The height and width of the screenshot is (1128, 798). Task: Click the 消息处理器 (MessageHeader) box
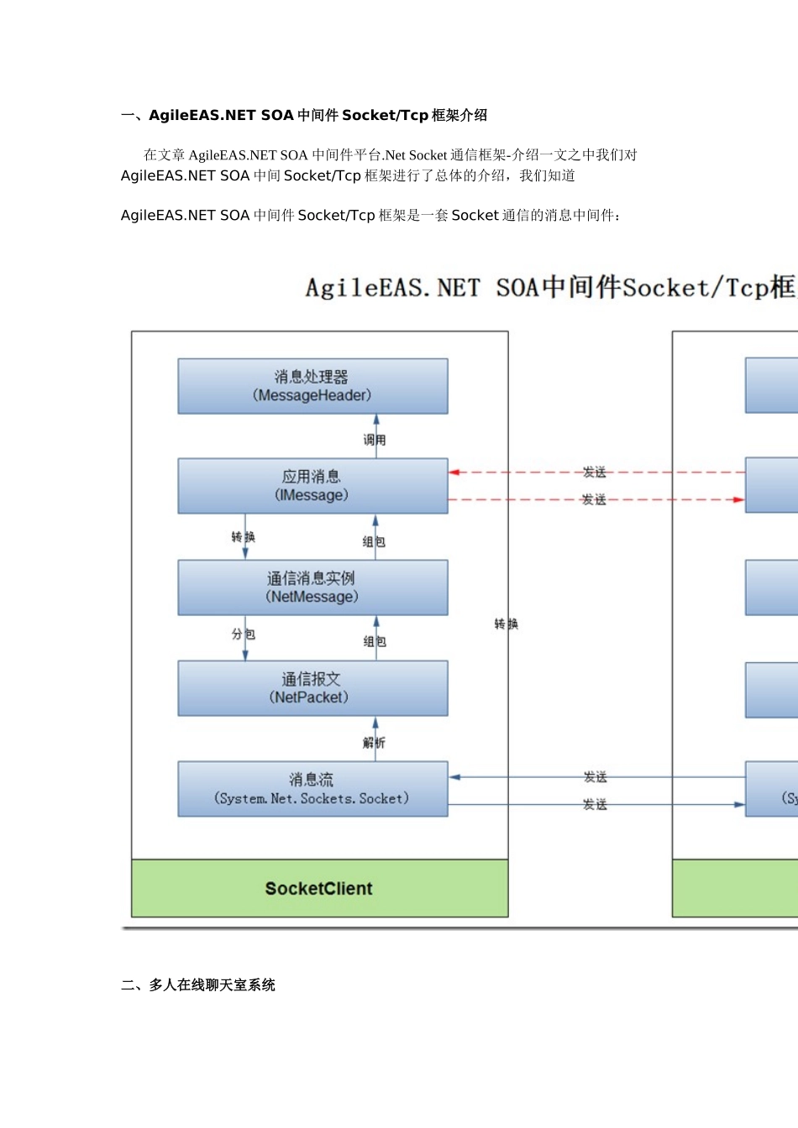pyautogui.click(x=312, y=386)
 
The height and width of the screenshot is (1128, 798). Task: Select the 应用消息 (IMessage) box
pyautogui.click(x=312, y=486)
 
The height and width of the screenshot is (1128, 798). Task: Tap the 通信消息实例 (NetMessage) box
pyautogui.click(x=312, y=587)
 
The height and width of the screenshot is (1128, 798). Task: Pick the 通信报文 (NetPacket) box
pyautogui.click(x=312, y=688)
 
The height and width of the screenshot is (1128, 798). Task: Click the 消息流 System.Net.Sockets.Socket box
pyautogui.click(x=312, y=789)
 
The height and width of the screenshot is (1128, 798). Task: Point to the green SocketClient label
pyautogui.click(x=319, y=889)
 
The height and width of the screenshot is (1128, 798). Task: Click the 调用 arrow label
pyautogui.click(x=375, y=440)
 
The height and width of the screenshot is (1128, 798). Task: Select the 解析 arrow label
pyautogui.click(x=375, y=743)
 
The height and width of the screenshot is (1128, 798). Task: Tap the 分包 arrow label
pyautogui.click(x=244, y=634)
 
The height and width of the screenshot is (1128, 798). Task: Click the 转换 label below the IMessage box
pyautogui.click(x=244, y=537)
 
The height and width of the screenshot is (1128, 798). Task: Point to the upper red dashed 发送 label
pyautogui.click(x=595, y=473)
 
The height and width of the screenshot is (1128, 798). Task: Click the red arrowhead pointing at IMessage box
pyautogui.click(x=454, y=473)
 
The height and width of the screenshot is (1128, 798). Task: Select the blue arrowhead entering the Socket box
pyautogui.click(x=454, y=777)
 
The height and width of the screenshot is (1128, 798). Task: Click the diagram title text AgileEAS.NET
pyautogui.click(x=392, y=289)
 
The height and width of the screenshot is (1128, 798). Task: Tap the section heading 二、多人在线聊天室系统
pyautogui.click(x=198, y=985)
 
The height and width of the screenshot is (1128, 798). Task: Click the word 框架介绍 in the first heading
pyautogui.click(x=459, y=116)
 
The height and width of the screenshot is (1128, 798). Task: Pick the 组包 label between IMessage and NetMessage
pyautogui.click(x=375, y=542)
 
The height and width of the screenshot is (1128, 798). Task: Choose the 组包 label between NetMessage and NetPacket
pyautogui.click(x=375, y=642)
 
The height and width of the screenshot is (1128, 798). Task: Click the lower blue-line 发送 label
pyautogui.click(x=595, y=805)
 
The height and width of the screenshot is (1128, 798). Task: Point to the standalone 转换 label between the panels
pyautogui.click(x=507, y=624)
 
